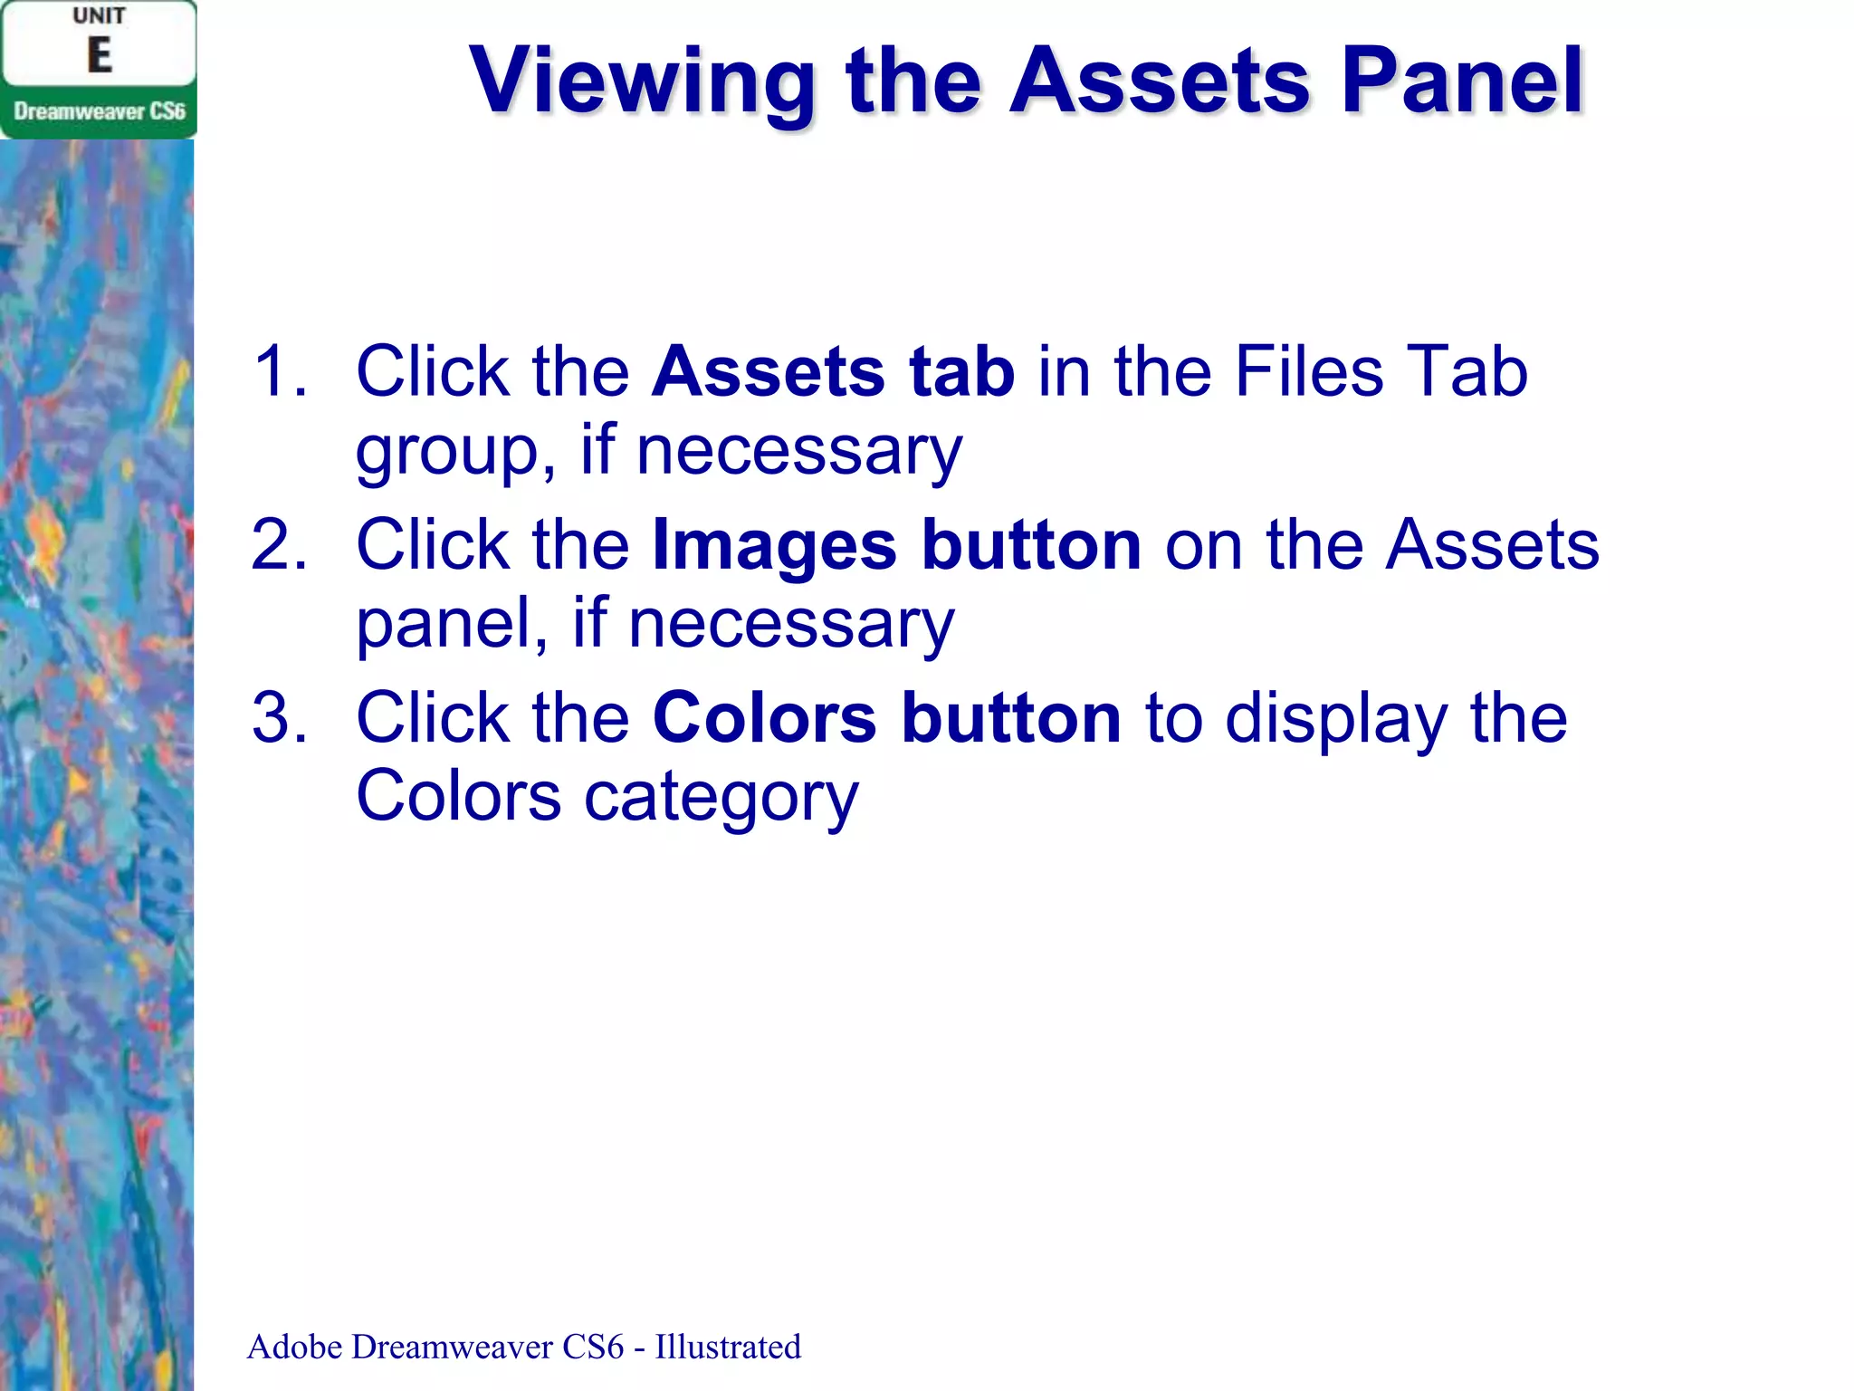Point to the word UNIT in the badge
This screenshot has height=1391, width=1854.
[x=99, y=16]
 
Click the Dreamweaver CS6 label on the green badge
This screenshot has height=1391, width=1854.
[x=99, y=111]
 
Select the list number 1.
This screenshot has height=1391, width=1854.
[x=280, y=371]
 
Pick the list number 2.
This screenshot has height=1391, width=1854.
[x=280, y=545]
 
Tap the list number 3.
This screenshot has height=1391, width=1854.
[x=280, y=718]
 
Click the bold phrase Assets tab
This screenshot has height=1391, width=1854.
[x=833, y=371]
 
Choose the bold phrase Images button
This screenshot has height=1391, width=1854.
[x=896, y=545]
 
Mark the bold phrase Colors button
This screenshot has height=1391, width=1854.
[x=886, y=718]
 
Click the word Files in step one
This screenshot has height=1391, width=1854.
[x=1308, y=371]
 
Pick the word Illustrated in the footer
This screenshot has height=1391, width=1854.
[x=728, y=1347]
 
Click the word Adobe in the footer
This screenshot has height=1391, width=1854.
[x=294, y=1347]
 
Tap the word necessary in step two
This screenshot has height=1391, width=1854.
[x=790, y=625]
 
